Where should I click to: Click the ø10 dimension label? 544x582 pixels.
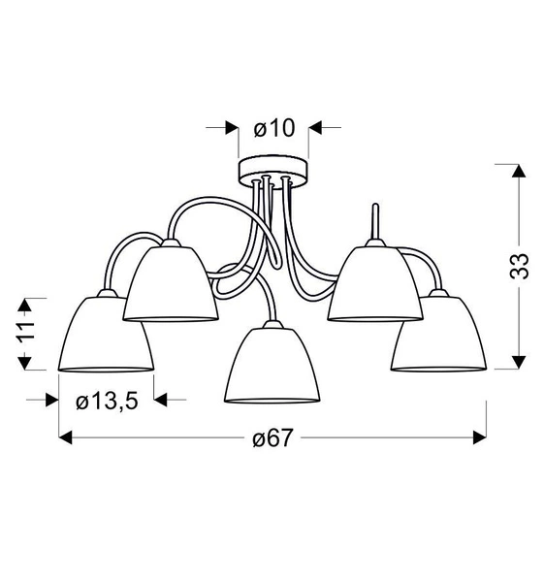click(x=274, y=127)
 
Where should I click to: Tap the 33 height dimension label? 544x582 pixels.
click(x=521, y=266)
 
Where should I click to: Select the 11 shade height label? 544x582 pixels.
click(x=27, y=331)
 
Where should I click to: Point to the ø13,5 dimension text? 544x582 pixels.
click(x=107, y=400)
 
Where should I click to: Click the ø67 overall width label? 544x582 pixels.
click(x=272, y=438)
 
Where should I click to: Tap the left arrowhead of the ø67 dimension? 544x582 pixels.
click(x=66, y=438)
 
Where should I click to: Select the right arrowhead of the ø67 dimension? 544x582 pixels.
click(x=478, y=438)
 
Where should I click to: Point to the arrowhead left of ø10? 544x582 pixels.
click(x=232, y=127)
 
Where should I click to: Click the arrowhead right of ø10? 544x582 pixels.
click(x=316, y=127)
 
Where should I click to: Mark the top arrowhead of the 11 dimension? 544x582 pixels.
click(x=27, y=301)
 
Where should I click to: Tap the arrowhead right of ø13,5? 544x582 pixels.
click(x=162, y=400)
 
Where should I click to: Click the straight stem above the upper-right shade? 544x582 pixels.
click(x=373, y=221)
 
